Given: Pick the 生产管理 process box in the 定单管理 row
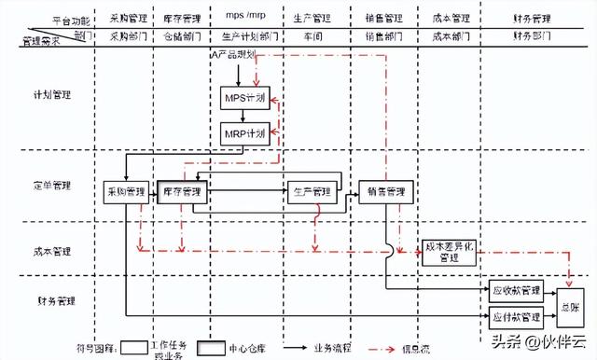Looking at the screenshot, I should tap(311, 191).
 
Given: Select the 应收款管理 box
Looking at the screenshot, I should tap(515, 291).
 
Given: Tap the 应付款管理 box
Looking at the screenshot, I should tap(515, 315).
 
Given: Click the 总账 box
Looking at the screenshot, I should tap(568, 304).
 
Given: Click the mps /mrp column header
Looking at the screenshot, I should tap(245, 17).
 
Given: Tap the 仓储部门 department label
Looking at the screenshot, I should tap(182, 36).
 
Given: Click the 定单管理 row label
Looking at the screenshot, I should tap(51, 186).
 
